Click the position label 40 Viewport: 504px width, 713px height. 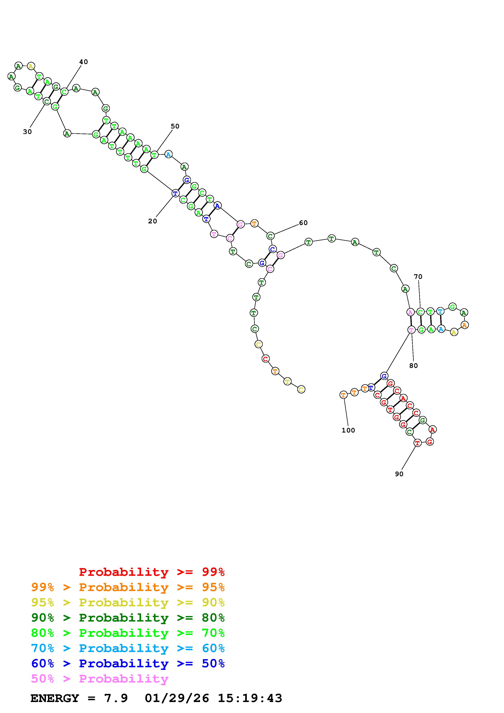click(84, 62)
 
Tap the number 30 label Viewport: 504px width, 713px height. click(27, 132)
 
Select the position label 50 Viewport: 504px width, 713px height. click(175, 126)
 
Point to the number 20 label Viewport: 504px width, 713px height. click(152, 221)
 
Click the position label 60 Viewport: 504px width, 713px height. click(303, 223)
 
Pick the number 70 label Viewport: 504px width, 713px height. click(418, 276)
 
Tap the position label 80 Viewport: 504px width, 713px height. click(413, 365)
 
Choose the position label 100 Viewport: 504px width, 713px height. click(348, 430)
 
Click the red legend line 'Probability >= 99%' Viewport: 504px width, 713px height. click(152, 572)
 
